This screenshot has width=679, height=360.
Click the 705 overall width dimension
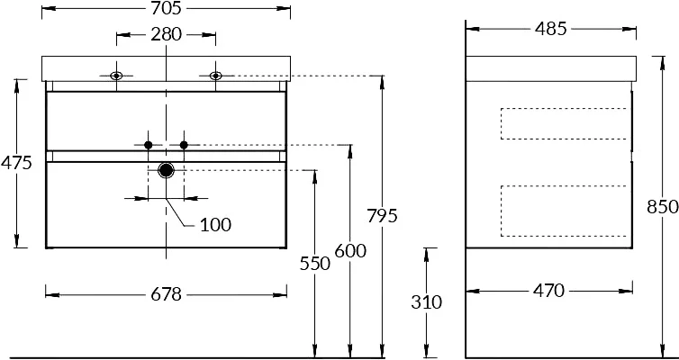pos(167,10)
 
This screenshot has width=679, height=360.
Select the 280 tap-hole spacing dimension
pos(167,35)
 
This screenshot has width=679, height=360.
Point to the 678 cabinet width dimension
pos(167,294)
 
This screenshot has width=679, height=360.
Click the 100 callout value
pos(215,224)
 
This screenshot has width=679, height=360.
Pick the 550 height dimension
pos(314,263)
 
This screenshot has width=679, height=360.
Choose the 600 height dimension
pos(349,251)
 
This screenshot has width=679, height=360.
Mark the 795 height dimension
pos(382,217)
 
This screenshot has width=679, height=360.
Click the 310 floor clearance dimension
pos(427,302)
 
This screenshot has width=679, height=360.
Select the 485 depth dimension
pos(551,29)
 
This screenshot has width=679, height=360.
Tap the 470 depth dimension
pos(548,290)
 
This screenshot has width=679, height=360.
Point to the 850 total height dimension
pos(662,207)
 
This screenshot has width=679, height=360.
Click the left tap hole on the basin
pos(116,76)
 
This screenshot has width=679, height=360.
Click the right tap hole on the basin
pos(216,76)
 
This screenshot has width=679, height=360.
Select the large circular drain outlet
pos(166,169)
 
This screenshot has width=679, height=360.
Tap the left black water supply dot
pos(149,145)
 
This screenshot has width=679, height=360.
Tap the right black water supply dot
pos(184,145)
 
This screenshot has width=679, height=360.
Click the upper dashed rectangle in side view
pos(563,124)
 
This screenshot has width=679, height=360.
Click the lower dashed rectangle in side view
pos(563,210)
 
